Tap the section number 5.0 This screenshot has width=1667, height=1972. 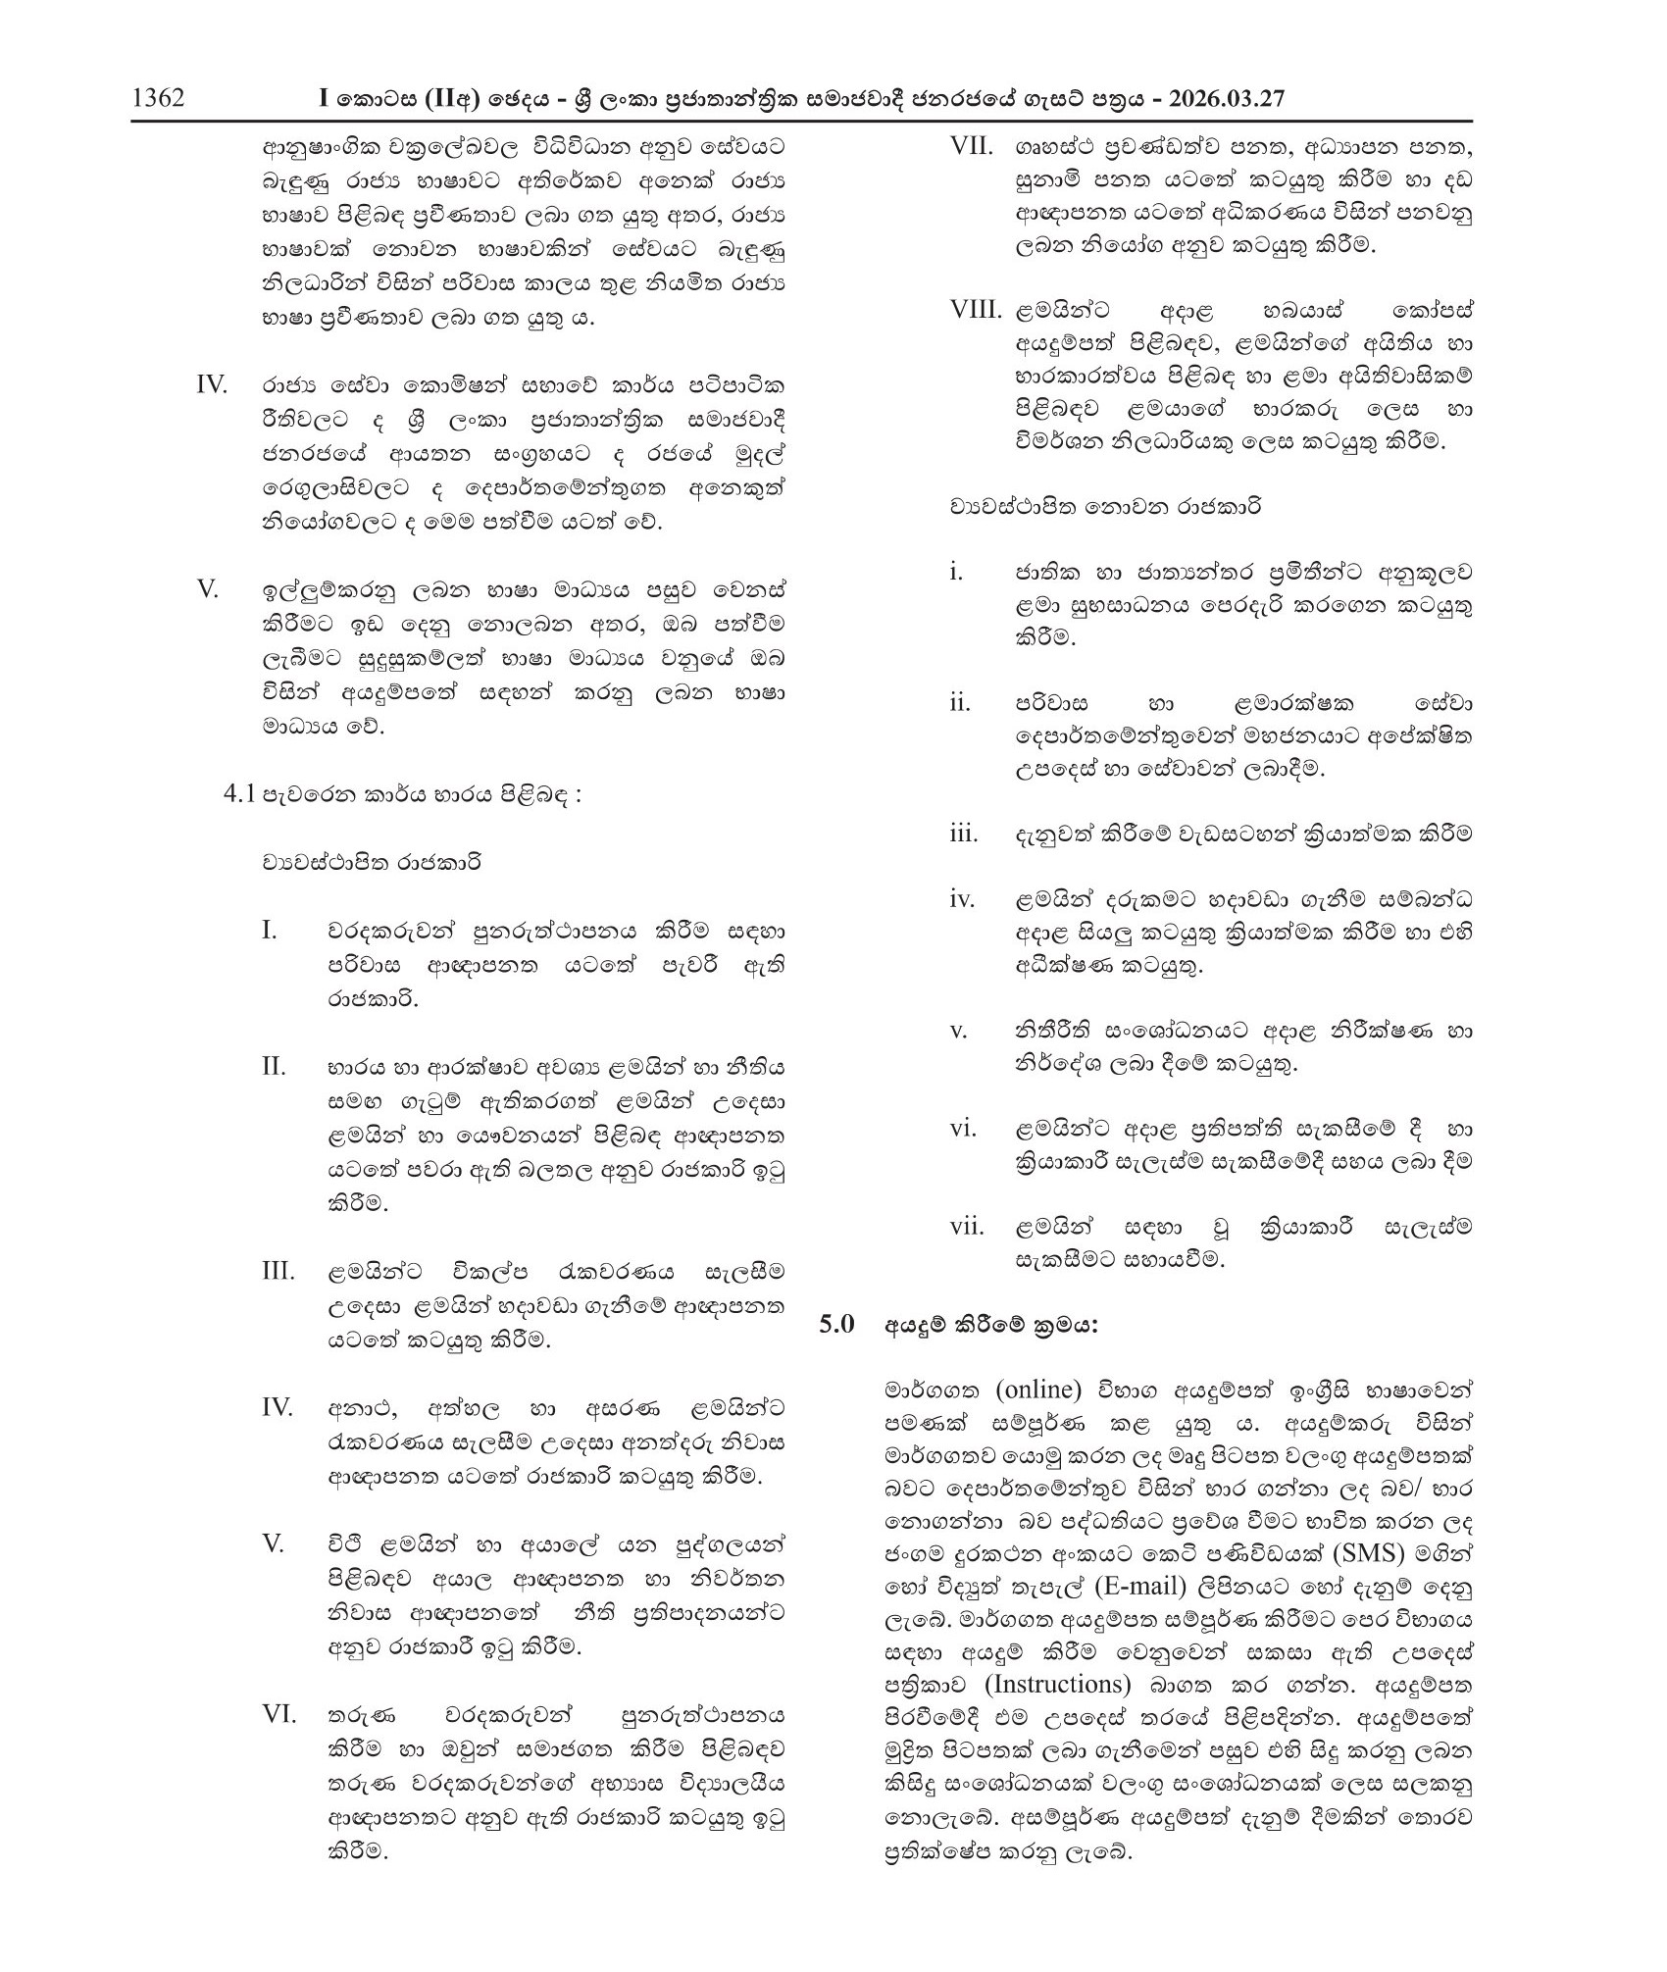pos(837,1325)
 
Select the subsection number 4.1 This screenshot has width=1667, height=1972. pos(239,794)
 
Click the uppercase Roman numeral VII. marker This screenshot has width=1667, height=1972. pos(973,147)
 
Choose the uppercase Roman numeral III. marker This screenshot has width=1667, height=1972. pos(278,1272)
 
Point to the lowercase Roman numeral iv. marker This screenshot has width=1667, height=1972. pos(961,899)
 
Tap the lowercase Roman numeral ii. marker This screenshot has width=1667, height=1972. pos(959,703)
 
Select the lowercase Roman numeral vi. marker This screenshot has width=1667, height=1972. pos(963,1129)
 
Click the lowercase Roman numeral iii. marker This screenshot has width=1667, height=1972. pos(963,834)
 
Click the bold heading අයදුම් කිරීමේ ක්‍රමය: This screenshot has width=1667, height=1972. pos(991,1325)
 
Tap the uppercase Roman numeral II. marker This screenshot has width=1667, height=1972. pos(274,1066)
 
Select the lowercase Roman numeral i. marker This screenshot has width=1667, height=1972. pos(955,572)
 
